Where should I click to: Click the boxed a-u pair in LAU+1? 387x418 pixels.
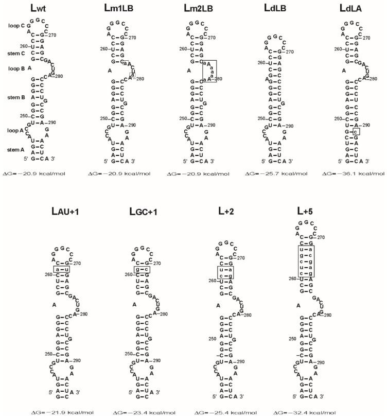pos(61,269)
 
